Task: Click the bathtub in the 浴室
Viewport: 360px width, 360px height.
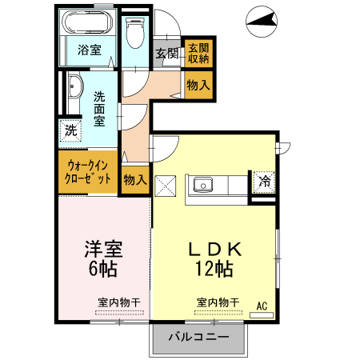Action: point(87,22)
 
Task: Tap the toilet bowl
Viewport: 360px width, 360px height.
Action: point(135,33)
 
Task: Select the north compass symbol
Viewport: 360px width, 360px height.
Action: point(262,22)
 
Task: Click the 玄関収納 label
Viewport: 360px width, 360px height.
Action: point(198,54)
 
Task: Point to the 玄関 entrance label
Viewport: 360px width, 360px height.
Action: point(167,54)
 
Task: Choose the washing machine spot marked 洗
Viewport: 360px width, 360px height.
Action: point(70,130)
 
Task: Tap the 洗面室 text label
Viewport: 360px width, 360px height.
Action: point(99,109)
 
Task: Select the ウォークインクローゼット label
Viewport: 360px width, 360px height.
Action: point(88,172)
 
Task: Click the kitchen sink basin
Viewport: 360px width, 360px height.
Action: point(203,185)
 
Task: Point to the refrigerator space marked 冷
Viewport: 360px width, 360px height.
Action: point(264,182)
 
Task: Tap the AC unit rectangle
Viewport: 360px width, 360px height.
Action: point(262,315)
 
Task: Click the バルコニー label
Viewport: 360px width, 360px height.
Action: point(198,337)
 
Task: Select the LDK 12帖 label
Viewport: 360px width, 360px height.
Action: point(214,258)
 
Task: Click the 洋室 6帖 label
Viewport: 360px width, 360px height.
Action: point(103,258)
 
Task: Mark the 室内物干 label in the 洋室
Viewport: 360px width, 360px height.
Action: point(119,302)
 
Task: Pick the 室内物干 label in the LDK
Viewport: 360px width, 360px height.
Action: point(218,302)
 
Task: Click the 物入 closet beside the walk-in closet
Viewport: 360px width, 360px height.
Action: point(135,180)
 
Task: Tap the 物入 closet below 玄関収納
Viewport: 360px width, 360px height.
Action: point(198,86)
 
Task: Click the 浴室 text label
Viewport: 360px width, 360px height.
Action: point(90,50)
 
